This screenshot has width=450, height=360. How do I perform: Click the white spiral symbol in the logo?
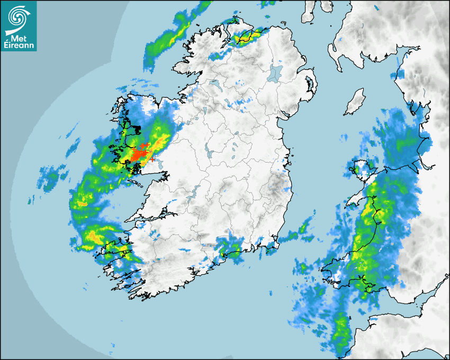click(x=18, y=16)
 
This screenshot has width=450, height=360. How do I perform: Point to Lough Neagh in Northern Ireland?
click(x=275, y=73)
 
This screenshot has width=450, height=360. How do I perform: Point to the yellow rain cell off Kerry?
click(x=93, y=237)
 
